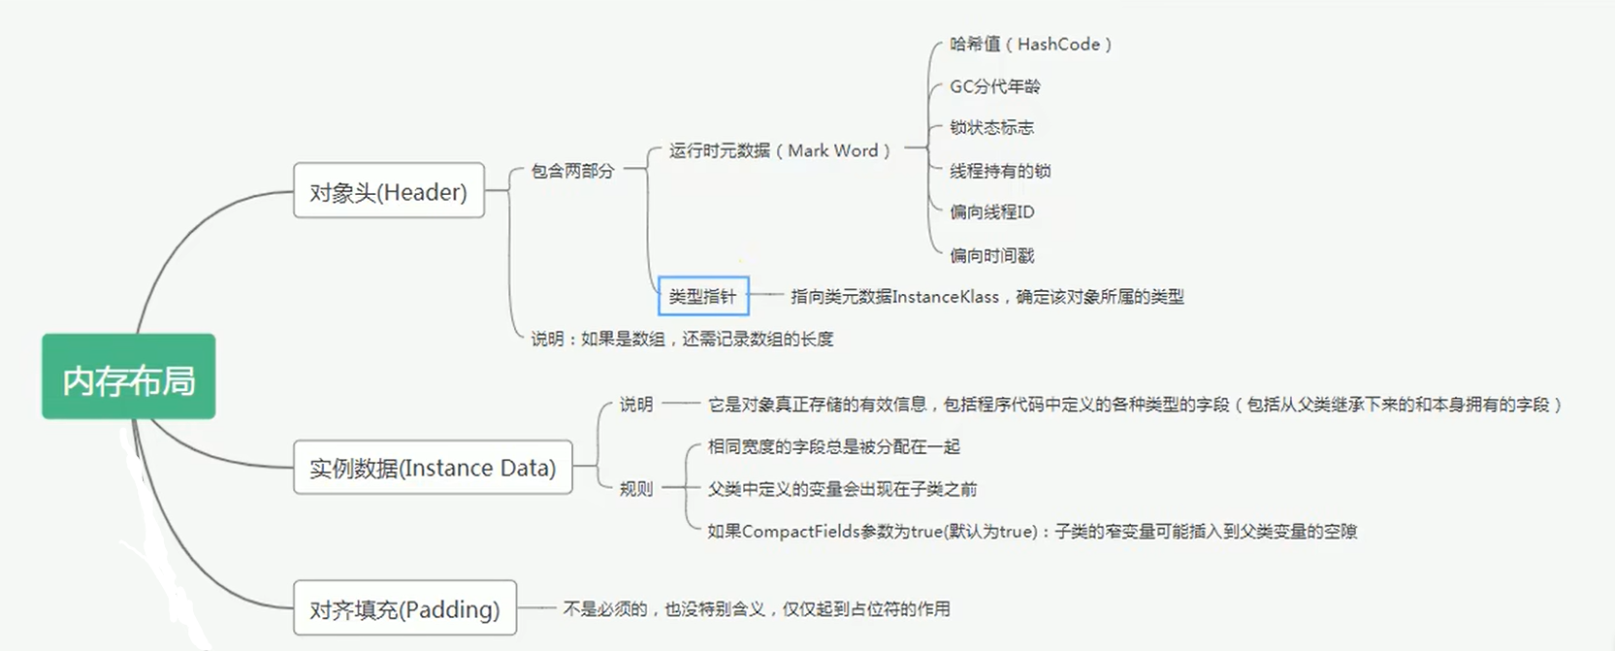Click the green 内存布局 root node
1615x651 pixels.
(128, 377)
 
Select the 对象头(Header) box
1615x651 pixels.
(388, 191)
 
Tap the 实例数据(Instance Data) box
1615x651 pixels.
(433, 468)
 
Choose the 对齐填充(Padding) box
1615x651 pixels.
(404, 608)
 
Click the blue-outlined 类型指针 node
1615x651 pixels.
(703, 296)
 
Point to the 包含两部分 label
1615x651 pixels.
(572, 171)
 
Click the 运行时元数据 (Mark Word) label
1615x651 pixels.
(779, 150)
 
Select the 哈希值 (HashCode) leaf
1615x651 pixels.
(1030, 45)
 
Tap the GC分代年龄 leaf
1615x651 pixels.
(994, 86)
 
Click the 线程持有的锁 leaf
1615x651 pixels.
(1000, 171)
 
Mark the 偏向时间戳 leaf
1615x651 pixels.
(991, 255)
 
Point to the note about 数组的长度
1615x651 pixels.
(682, 339)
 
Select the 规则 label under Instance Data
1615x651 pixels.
(636, 489)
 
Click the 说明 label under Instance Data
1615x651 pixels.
(636, 405)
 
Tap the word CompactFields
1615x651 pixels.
(800, 532)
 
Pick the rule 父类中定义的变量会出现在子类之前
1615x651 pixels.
(842, 489)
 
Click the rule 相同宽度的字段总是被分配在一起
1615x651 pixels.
(833, 446)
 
